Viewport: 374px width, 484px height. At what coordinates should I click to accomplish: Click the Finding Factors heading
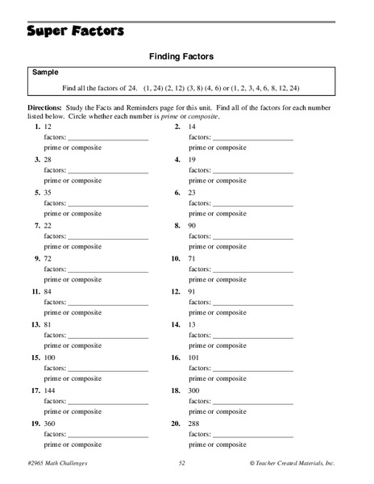(186, 57)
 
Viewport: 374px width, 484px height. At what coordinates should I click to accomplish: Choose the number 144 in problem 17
(52, 389)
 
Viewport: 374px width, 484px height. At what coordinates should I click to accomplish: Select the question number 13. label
(35, 323)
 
